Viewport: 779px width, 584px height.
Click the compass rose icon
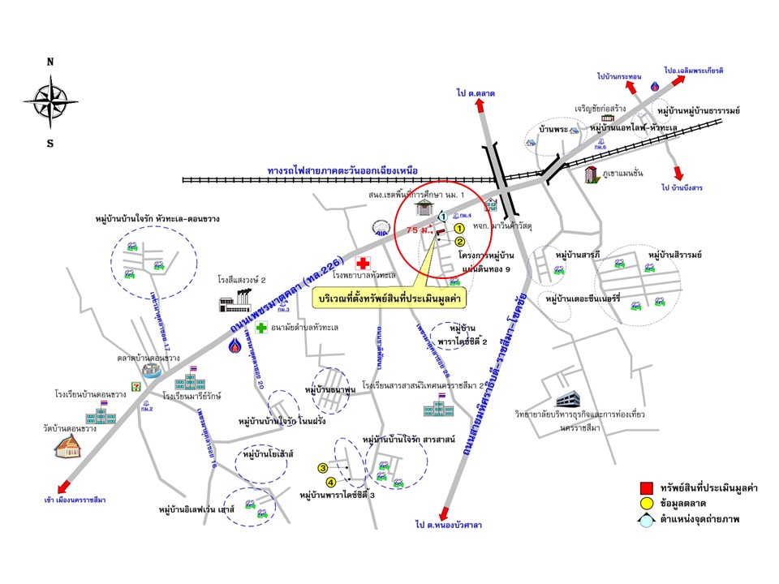pos(50,101)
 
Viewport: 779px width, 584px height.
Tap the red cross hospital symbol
pos(363,264)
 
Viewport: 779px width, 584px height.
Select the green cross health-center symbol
pos(261,328)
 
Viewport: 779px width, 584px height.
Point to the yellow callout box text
pos(385,298)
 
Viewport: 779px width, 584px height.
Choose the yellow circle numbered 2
pos(459,242)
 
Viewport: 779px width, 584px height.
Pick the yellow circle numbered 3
pos(322,468)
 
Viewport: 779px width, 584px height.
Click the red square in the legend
pos(646,488)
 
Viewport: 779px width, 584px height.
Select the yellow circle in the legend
pos(646,505)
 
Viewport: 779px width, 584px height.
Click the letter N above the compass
pos(50,62)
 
